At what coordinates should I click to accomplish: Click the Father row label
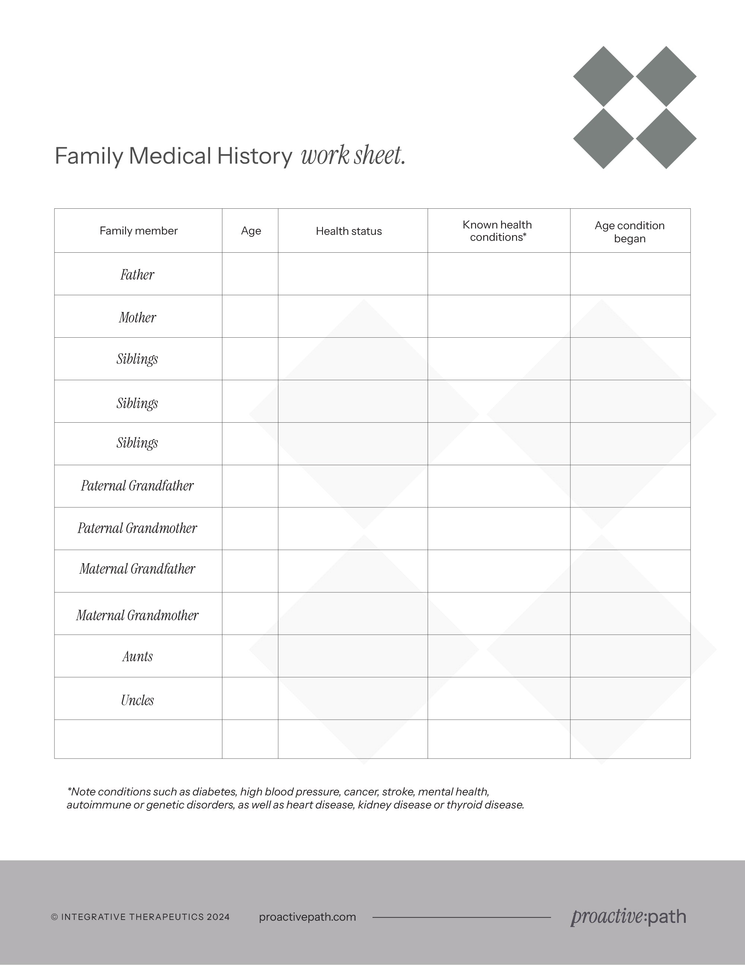137,275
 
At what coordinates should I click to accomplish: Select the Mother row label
137,317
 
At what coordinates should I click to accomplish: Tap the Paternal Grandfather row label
137,486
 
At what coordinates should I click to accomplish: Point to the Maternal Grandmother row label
137,615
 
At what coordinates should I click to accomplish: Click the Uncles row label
137,700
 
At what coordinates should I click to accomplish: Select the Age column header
251,231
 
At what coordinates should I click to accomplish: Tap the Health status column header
349,231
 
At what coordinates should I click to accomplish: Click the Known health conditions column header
497,231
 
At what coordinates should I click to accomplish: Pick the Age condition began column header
630,231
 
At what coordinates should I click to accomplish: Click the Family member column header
139,231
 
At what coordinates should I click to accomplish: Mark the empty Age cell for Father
250,274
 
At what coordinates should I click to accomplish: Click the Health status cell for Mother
352,316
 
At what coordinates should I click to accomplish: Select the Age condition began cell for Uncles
630,698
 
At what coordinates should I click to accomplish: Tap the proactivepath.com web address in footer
307,917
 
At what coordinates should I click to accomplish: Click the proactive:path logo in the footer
628,917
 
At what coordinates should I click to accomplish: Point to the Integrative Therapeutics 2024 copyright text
140,917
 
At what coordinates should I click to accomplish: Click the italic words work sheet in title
353,155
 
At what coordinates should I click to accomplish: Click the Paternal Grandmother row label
137,528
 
